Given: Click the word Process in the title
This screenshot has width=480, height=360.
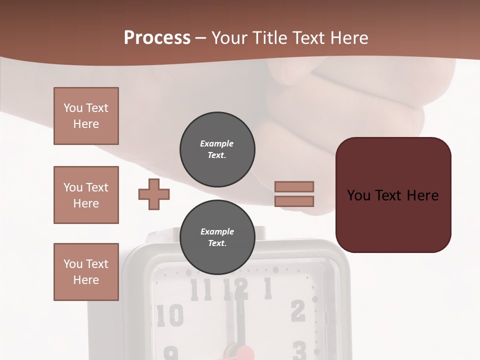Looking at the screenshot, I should [x=157, y=37].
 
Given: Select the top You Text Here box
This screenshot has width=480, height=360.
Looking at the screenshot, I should [x=86, y=116].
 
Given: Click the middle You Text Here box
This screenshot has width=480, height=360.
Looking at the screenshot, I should [x=86, y=195].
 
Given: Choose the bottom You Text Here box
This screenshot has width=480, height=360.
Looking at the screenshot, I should [x=86, y=271].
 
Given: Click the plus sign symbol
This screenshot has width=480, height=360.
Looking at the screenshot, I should [x=154, y=194].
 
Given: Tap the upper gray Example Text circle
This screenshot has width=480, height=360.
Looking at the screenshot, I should [x=217, y=149].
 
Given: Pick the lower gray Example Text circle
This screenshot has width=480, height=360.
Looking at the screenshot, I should [x=217, y=237].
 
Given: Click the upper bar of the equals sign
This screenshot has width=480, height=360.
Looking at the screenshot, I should [x=294, y=186].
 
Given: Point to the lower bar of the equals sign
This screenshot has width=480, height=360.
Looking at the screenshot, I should [x=294, y=201].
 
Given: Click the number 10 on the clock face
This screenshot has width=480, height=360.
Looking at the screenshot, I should [x=170, y=315].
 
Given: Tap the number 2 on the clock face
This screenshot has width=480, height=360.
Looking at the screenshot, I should [x=298, y=311].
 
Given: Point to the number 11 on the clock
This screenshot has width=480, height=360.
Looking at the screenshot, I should [x=201, y=289].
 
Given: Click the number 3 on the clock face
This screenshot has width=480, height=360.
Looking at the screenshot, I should [x=299, y=350].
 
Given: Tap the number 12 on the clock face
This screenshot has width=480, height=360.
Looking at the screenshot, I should [x=235, y=289].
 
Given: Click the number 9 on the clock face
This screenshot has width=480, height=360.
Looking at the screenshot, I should [x=171, y=354].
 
